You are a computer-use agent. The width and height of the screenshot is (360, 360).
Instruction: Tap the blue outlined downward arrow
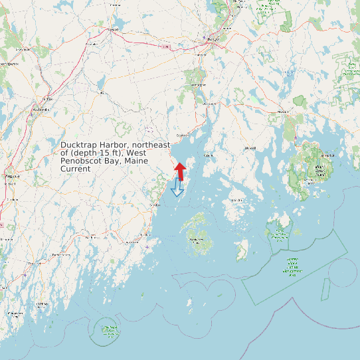tap(177, 188)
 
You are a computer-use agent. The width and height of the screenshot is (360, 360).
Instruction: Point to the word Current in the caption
tap(75, 169)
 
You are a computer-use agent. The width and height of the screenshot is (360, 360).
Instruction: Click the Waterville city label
tap(41, 108)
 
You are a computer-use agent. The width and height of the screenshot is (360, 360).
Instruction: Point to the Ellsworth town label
tap(284, 112)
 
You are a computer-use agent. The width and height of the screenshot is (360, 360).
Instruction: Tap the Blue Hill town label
tap(250, 147)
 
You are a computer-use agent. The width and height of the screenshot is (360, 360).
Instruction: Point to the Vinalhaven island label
tap(197, 240)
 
